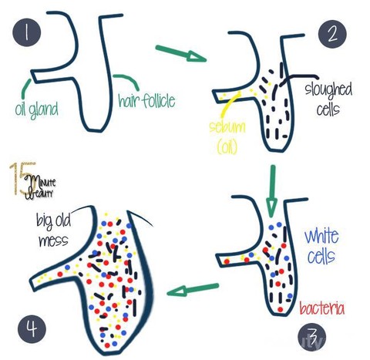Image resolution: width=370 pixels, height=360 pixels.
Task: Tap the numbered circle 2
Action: pos(332,34)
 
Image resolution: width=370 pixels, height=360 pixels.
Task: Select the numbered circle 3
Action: pos(312,337)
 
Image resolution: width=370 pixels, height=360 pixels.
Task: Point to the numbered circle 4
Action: pos(32,329)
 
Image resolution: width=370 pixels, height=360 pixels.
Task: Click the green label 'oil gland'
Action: pos(36,109)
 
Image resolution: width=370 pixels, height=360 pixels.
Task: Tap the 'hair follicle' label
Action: pos(146,100)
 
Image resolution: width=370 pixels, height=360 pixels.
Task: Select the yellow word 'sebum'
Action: pos(227,126)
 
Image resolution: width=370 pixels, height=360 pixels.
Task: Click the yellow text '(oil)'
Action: pos(227,147)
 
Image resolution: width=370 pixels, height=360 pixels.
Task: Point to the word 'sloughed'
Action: pos(328,90)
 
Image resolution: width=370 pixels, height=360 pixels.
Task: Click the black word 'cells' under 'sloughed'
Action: pos(328,109)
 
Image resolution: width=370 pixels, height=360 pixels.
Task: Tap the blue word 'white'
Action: pos(321,237)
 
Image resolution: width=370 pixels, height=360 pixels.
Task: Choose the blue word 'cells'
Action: pos(321,256)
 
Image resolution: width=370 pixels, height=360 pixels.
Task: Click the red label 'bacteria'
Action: pos(321,308)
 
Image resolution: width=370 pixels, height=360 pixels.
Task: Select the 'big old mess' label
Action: pos(53,230)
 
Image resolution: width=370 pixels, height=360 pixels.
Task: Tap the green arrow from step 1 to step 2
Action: pos(181,53)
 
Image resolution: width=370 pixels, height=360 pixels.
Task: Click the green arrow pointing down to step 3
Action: pos(272,191)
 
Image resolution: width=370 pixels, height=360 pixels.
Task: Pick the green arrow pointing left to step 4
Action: pos(193,289)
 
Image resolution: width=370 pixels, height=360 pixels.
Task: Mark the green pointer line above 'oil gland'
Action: pos(25,88)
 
